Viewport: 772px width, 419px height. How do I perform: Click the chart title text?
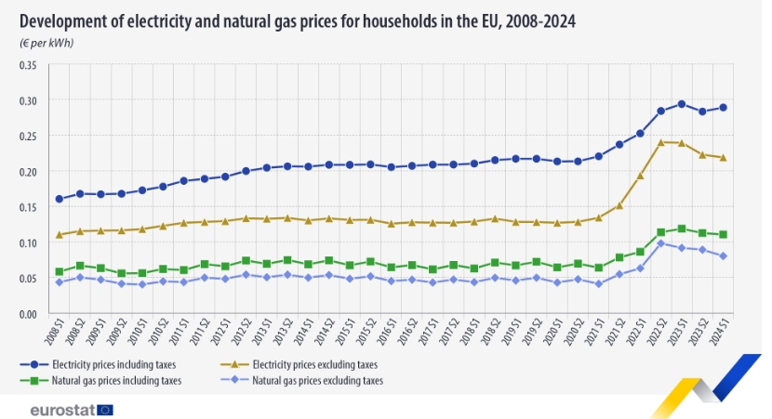(x=296, y=20)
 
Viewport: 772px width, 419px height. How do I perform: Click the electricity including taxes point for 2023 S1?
(x=682, y=104)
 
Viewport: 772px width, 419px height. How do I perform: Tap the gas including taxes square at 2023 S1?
(x=682, y=229)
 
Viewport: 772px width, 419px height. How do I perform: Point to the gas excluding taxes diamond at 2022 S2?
(x=661, y=243)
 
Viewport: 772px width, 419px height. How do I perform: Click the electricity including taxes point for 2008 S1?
(x=59, y=199)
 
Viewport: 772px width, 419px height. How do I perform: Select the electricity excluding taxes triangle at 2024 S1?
(x=723, y=158)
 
